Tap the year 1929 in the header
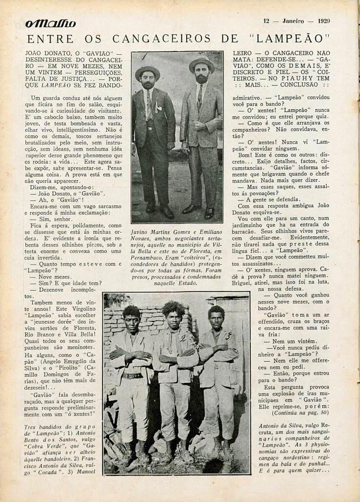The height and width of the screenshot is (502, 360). (x=323, y=21)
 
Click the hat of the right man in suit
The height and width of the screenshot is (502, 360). (x=201, y=63)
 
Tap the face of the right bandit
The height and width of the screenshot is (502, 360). (x=216, y=320)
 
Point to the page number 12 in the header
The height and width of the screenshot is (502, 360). (x=266, y=21)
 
